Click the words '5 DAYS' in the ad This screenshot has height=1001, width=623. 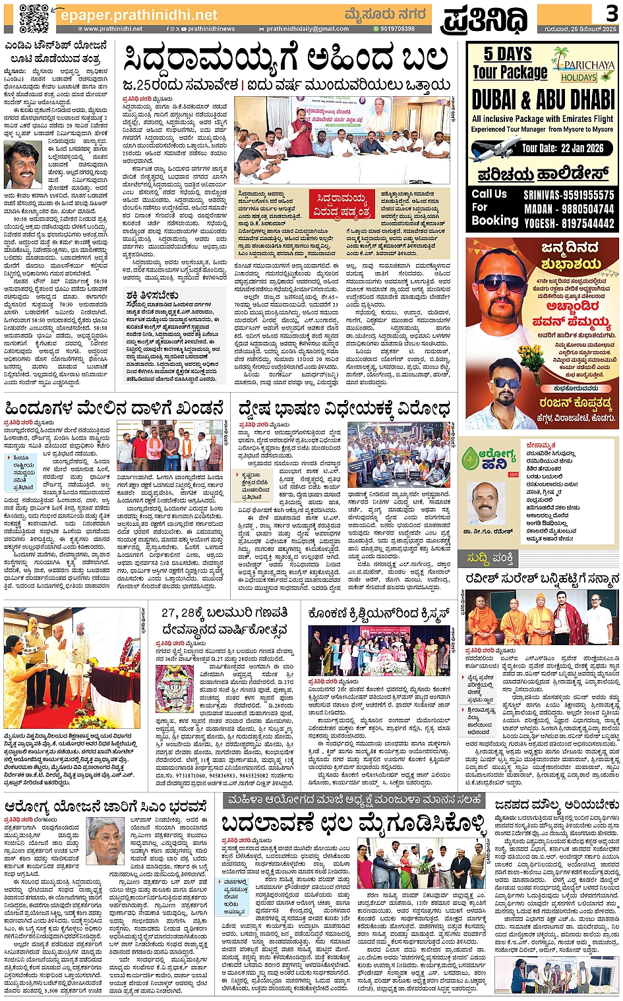tap(507, 54)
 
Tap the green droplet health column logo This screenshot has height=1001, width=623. tap(471, 459)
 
